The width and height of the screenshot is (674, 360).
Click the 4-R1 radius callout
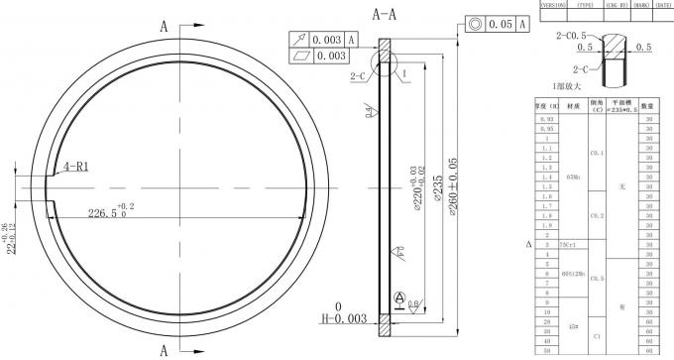pos(75,167)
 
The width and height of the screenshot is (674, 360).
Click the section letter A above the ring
pos(163,28)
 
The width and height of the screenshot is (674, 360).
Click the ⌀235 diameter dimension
pos(437,188)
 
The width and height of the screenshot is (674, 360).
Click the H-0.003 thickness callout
pos(340,318)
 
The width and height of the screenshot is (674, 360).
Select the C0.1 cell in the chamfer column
pos(597,154)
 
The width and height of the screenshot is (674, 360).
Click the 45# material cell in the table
pos(572,325)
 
